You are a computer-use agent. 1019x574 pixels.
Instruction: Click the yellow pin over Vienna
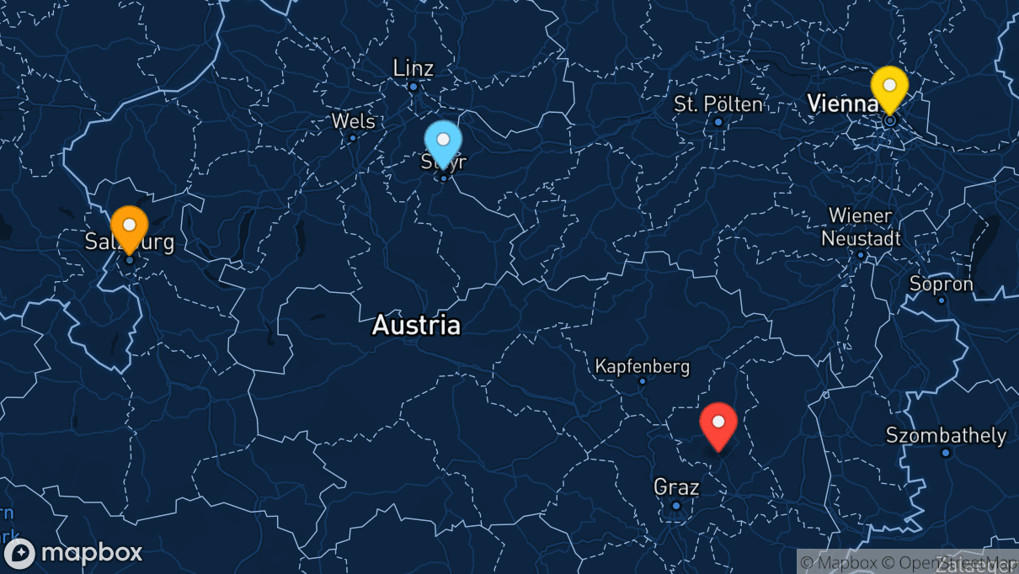point(888,86)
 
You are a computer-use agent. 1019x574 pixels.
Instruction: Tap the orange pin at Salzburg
point(129,226)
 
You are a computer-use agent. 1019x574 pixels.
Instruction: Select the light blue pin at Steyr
point(443,141)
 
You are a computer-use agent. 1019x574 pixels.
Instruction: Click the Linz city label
point(413,67)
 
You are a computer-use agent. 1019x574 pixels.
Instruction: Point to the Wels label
point(354,121)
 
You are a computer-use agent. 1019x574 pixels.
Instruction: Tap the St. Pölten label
point(718,104)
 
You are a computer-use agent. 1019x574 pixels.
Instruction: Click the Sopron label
point(941,284)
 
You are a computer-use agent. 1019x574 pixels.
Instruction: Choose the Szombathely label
point(946,435)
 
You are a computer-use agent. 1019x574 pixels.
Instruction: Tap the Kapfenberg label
point(642,366)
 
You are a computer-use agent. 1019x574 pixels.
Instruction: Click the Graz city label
point(676,486)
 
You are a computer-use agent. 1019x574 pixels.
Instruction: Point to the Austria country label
point(416,325)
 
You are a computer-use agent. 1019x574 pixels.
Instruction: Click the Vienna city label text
point(842,104)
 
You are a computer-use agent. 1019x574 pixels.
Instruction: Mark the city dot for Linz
point(413,86)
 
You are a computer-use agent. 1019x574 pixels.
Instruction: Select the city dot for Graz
point(676,506)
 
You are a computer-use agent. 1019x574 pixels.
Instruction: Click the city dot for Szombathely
point(946,453)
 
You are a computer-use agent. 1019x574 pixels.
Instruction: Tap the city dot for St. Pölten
point(718,122)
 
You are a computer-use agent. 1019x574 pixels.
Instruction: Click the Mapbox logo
point(74,553)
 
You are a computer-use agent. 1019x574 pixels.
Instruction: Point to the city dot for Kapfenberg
point(642,381)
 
